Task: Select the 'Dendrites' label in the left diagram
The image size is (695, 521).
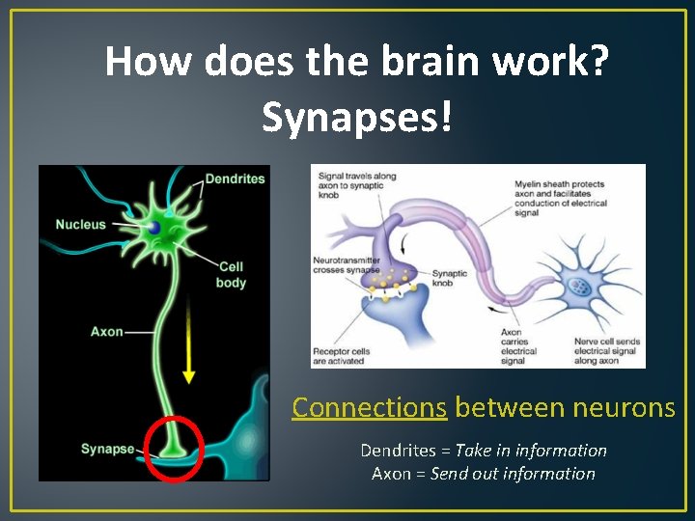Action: pyautogui.click(x=235, y=179)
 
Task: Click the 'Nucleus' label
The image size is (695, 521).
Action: pyautogui.click(x=80, y=225)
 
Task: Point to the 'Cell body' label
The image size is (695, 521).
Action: pyautogui.click(x=232, y=275)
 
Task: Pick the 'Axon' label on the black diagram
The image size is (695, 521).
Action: pyautogui.click(x=106, y=332)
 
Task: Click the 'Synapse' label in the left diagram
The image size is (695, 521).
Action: pyautogui.click(x=107, y=449)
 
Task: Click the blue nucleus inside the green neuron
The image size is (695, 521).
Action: pyautogui.click(x=154, y=228)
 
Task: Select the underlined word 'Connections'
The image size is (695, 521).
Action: pyautogui.click(x=369, y=408)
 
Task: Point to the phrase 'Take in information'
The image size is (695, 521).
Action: pyautogui.click(x=531, y=451)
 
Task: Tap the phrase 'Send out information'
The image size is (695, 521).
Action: pyautogui.click(x=513, y=474)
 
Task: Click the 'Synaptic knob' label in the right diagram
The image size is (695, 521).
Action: pyautogui.click(x=449, y=279)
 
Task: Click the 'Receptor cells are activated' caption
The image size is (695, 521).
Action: pyautogui.click(x=338, y=356)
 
